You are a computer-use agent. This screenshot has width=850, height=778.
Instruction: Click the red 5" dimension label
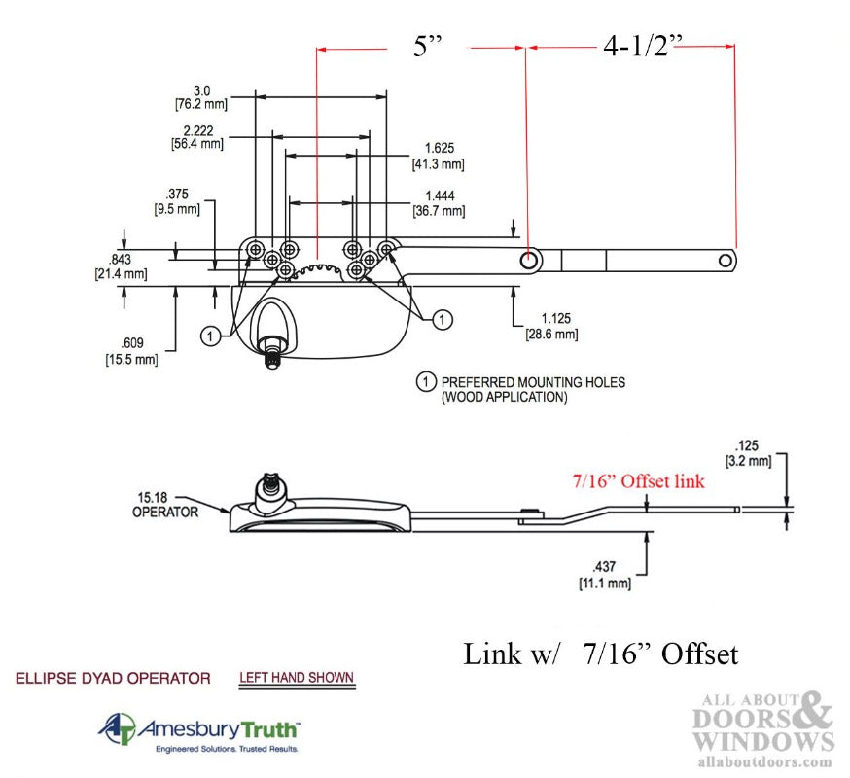[428, 46]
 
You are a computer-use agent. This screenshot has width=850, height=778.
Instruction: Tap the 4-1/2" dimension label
[643, 46]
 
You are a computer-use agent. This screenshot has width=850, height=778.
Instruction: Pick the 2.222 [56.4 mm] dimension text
[196, 136]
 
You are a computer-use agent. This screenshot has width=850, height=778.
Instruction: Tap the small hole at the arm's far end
[725, 260]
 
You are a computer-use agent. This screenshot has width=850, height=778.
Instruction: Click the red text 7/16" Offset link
[638, 480]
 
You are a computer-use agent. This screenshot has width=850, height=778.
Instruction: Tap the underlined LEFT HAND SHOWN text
[297, 678]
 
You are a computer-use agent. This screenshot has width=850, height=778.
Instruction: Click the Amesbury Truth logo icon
[116, 729]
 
